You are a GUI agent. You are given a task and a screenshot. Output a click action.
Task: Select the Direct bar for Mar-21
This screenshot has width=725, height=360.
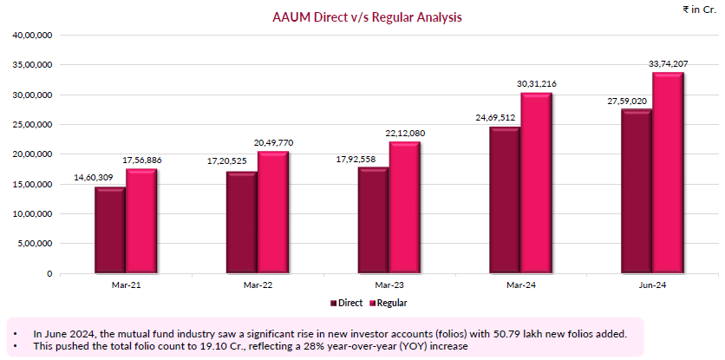coord(109,230)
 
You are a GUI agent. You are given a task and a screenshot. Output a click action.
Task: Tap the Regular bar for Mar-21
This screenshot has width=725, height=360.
coord(140,221)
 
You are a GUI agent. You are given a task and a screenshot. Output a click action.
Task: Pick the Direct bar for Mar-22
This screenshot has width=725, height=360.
coord(241,222)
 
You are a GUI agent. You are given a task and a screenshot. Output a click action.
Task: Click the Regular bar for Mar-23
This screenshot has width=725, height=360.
coord(404,207)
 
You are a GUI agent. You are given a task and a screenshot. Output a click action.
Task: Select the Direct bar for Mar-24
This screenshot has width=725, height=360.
coord(504,200)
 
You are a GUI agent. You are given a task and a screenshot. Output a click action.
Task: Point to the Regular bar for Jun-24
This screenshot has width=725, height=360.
coord(668,173)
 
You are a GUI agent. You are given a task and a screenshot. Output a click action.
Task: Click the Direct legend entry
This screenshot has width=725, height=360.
coord(347,303)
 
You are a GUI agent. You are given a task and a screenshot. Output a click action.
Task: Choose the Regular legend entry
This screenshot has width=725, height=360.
coord(388,303)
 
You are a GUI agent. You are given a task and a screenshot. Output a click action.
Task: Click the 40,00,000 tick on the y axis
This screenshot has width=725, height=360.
coord(32,36)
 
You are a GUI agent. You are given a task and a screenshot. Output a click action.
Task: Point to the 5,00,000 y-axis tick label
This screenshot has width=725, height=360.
coord(35,244)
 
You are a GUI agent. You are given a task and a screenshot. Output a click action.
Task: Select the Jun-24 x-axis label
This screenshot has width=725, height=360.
coord(651,285)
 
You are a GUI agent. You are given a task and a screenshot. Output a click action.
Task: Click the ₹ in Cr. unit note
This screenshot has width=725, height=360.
coord(700,9)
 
